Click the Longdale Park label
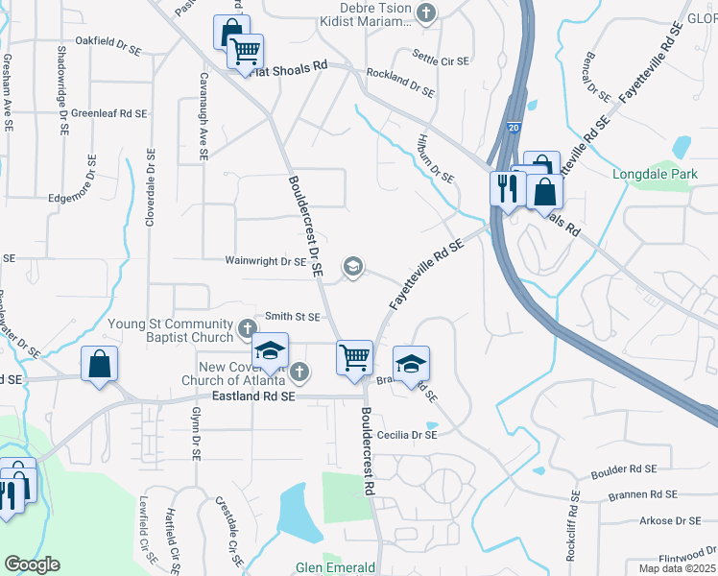coord(655,175)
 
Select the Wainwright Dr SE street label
coord(265,260)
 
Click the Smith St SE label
coord(292,316)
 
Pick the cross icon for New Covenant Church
coord(299,372)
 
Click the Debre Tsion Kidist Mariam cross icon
coord(428,13)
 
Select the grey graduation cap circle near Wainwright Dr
coord(352,267)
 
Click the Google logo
coord(32,564)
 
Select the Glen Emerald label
coord(335,567)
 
